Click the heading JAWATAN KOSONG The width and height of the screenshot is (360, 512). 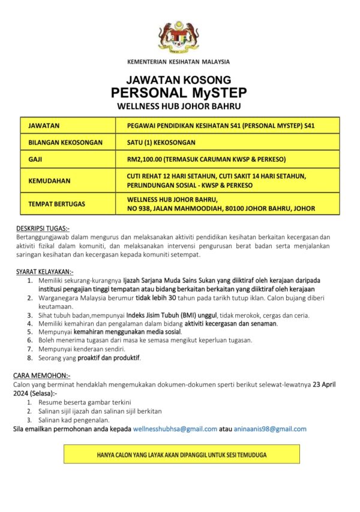tap(179, 80)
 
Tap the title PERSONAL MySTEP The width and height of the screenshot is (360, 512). tap(179, 93)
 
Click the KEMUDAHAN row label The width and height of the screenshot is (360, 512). tap(49, 180)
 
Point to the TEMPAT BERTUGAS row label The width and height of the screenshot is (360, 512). tap(57, 204)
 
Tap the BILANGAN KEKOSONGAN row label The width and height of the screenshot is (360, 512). tap(65, 143)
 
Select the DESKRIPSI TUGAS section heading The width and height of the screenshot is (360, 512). tap(42, 228)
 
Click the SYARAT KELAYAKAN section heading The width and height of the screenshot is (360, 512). tap(44, 272)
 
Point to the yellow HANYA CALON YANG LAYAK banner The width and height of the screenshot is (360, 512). tap(182, 454)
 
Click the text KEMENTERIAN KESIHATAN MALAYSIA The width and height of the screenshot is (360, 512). tap(179, 62)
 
